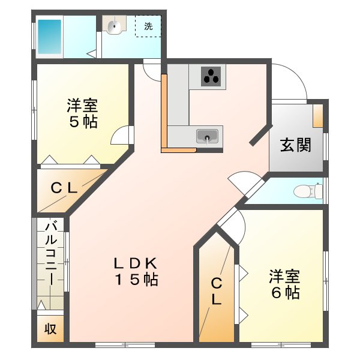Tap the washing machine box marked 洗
(x=148, y=26)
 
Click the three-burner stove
(x=211, y=76)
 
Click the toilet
(x=308, y=191)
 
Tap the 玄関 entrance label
(x=296, y=145)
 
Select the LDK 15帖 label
(x=137, y=271)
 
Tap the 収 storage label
(x=50, y=329)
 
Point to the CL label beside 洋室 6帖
(x=216, y=292)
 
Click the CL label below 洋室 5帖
(x=64, y=188)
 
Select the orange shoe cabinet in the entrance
(x=319, y=116)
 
